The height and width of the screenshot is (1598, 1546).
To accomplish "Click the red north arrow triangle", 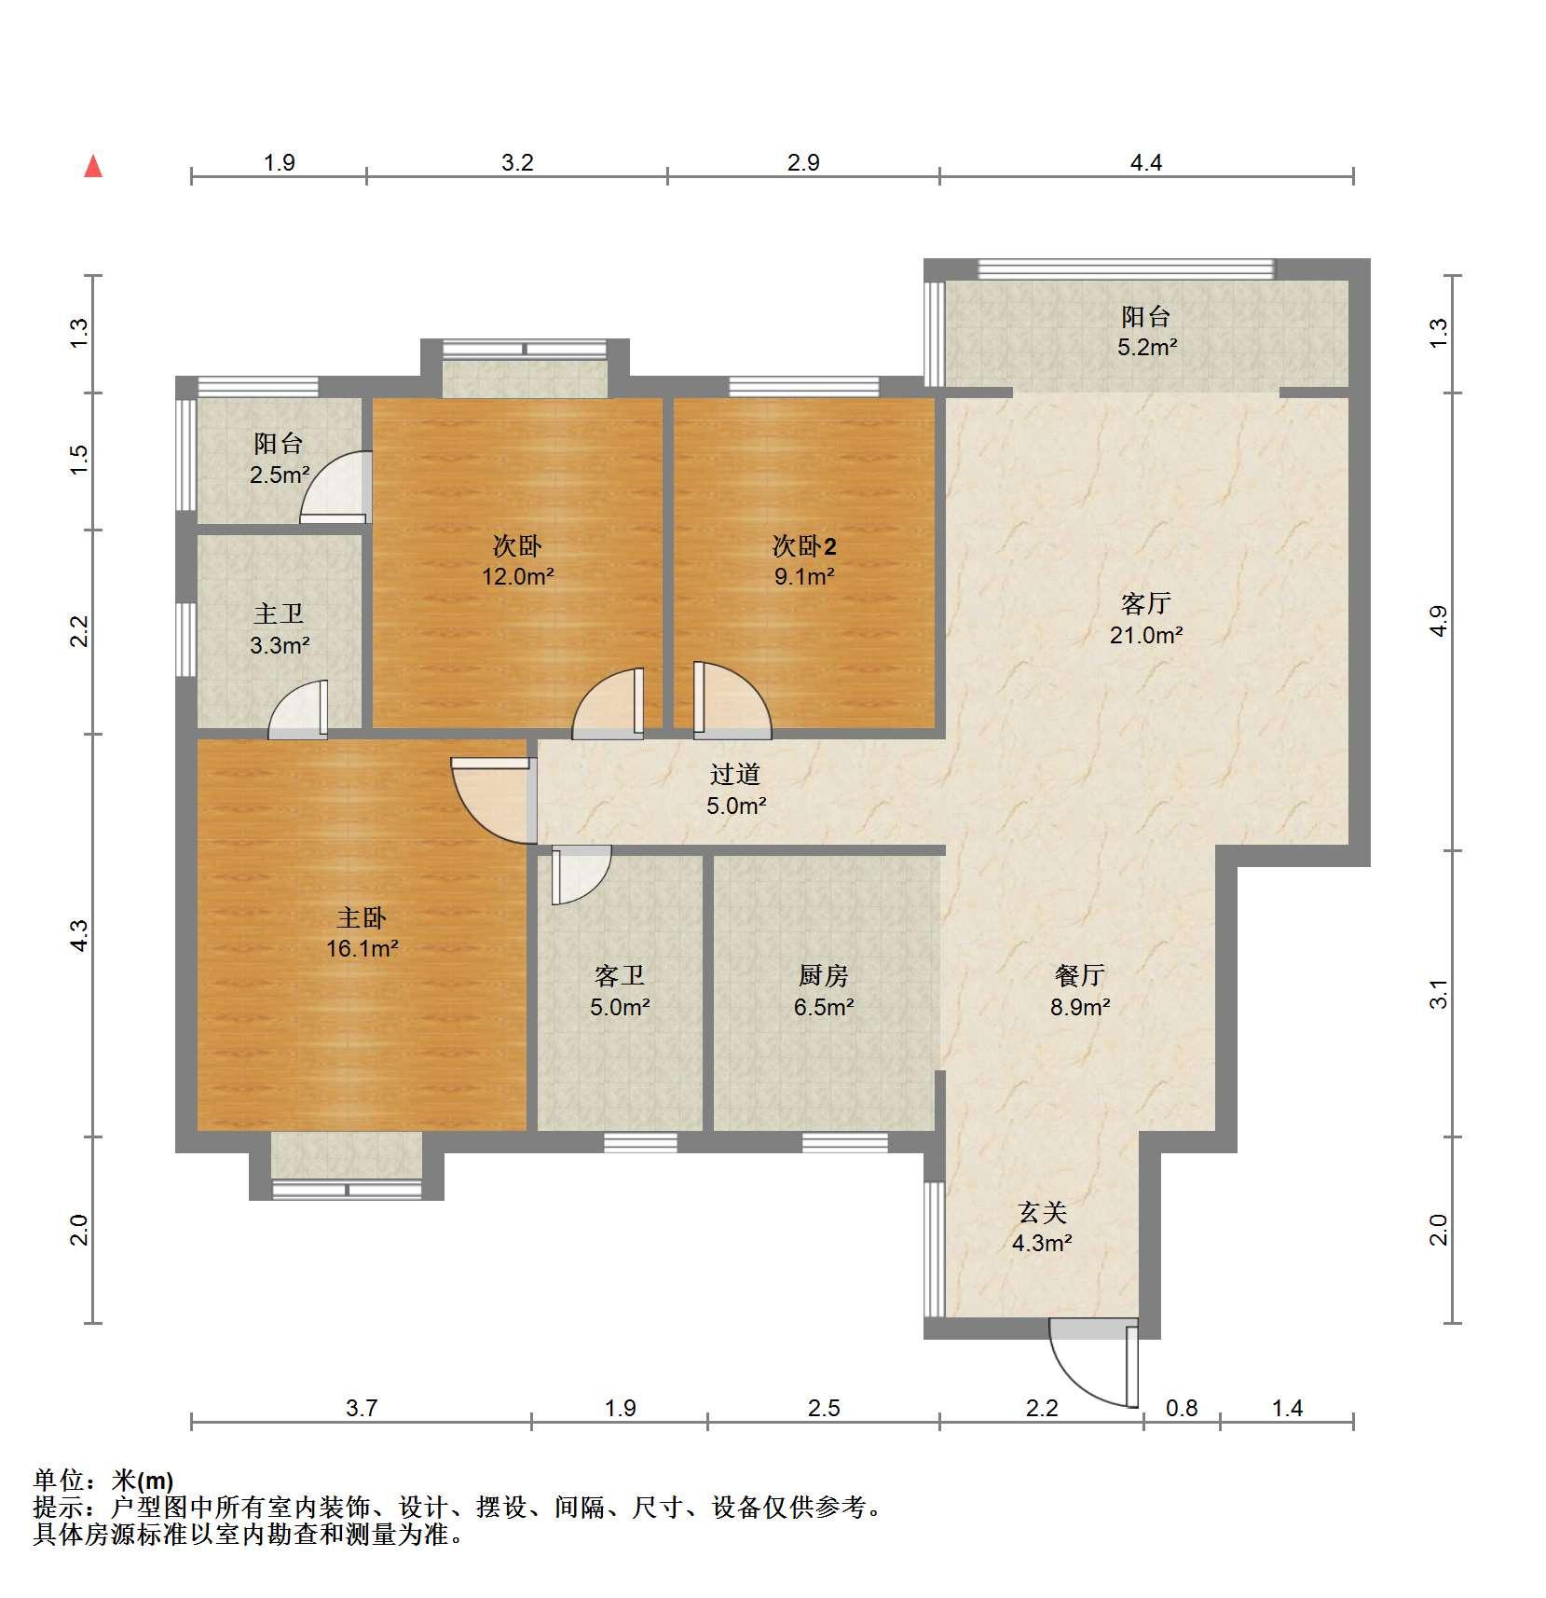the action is [x=93, y=167].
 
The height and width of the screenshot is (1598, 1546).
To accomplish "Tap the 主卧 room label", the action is [x=362, y=918].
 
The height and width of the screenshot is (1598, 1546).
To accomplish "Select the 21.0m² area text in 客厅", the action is [x=1146, y=636].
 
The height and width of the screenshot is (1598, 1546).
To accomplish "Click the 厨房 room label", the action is [x=824, y=976].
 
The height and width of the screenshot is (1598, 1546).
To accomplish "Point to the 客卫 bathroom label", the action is [x=620, y=976].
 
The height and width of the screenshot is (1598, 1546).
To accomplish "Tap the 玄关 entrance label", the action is [x=1042, y=1212].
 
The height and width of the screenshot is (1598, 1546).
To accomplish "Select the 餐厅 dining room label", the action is [x=1080, y=976].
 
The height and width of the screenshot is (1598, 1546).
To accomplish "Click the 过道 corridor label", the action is [x=735, y=774].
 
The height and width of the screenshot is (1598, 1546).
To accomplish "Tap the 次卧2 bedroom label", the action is [x=804, y=546].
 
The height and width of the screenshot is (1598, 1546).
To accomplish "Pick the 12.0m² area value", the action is [x=518, y=576].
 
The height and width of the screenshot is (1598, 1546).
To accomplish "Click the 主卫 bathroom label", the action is [x=279, y=613].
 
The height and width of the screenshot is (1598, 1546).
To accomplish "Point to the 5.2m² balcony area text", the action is [x=1147, y=348].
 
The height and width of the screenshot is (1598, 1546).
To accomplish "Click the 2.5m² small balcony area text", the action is [x=280, y=475].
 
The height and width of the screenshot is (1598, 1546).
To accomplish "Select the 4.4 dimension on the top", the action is [x=1146, y=163].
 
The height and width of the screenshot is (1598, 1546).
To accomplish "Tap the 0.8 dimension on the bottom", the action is [x=1182, y=1408].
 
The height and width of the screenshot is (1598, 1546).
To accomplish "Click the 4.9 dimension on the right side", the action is [x=1439, y=621].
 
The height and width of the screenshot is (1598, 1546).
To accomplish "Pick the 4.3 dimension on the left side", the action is [x=80, y=935].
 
